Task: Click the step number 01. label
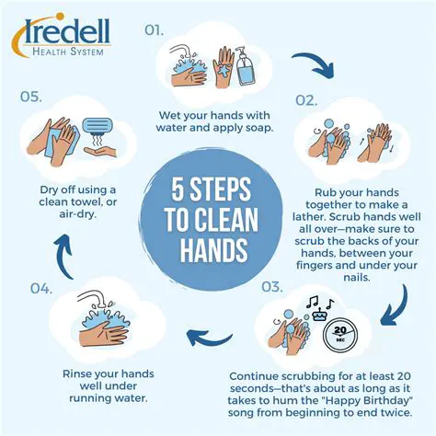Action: coord(155,29)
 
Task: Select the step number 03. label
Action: coord(271,287)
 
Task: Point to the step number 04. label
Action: coord(40,288)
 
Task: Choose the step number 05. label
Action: coord(31,95)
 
